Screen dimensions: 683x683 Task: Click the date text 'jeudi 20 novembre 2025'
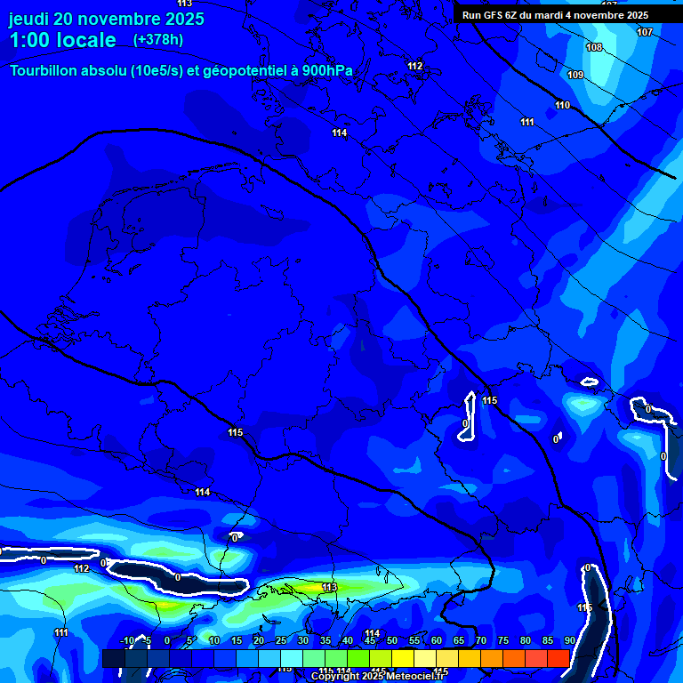click(x=106, y=19)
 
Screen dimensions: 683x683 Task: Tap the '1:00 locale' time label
click(x=62, y=40)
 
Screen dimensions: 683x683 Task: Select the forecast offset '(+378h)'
click(x=159, y=40)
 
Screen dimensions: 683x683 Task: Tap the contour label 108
click(x=594, y=47)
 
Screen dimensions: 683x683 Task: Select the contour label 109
click(x=575, y=76)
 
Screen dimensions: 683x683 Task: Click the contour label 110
click(x=562, y=106)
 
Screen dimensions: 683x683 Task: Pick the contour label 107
click(x=645, y=32)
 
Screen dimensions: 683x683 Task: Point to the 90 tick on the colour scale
click(x=569, y=640)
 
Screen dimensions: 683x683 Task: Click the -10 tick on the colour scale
click(x=126, y=640)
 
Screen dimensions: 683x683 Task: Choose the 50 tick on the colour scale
click(x=392, y=640)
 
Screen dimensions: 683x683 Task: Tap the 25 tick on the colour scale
click(x=281, y=640)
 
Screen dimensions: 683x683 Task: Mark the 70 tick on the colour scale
click(x=481, y=640)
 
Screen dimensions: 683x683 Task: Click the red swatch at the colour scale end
click(x=558, y=658)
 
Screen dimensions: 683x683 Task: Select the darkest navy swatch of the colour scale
click(x=113, y=658)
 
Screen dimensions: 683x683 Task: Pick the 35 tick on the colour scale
click(x=325, y=640)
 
